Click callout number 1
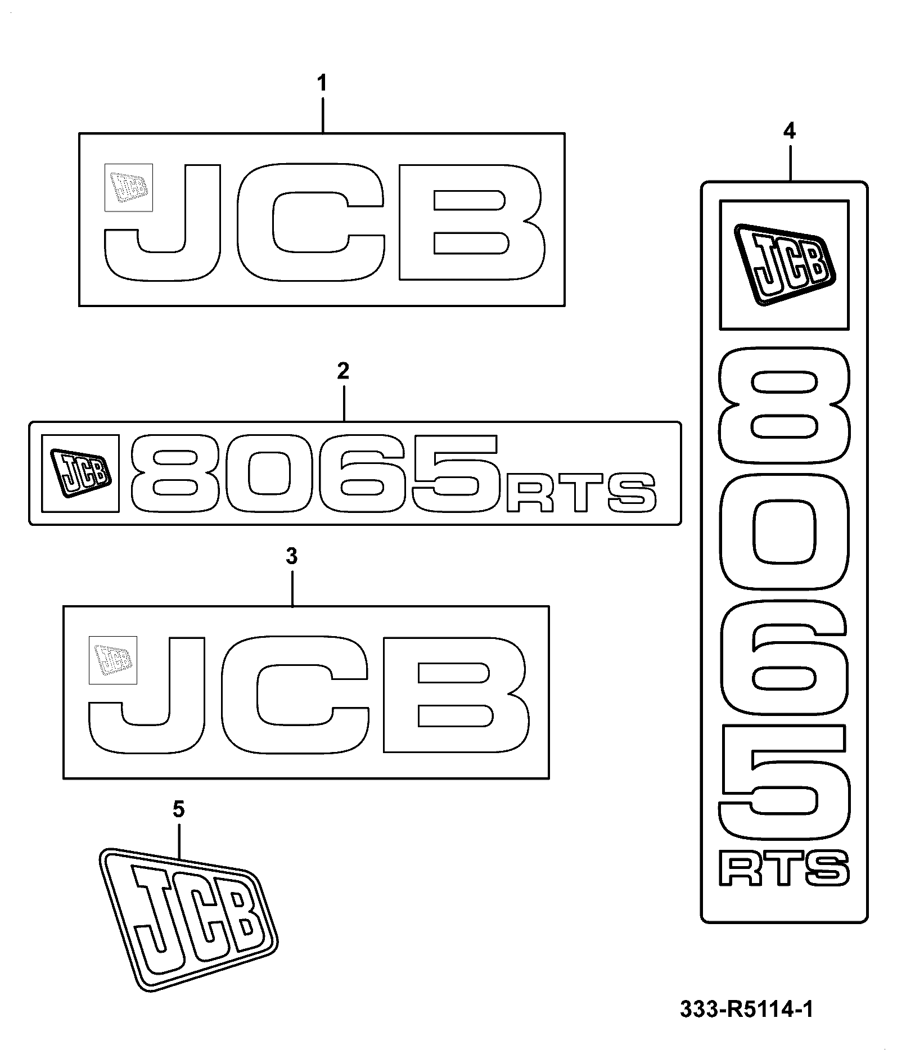click(x=322, y=84)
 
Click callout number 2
click(x=343, y=371)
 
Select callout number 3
click(x=291, y=557)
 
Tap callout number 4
click(x=789, y=132)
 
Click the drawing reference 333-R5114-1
click(x=746, y=1010)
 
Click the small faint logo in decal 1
click(x=129, y=188)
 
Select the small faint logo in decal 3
click(x=113, y=660)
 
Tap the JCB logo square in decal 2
click(x=81, y=474)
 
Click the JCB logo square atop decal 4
click(x=785, y=264)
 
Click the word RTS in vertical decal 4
click(x=785, y=870)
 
